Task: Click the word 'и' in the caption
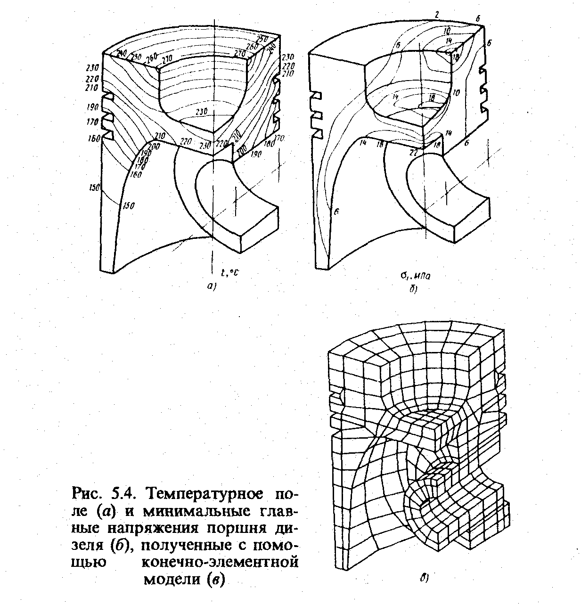[128, 511]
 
